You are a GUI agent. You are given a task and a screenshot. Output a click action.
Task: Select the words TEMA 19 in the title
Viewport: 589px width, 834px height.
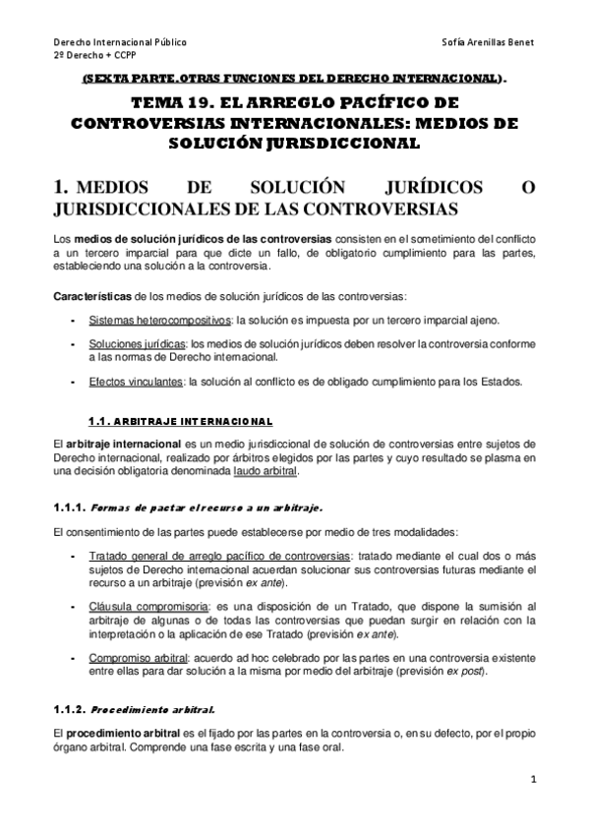[172, 102]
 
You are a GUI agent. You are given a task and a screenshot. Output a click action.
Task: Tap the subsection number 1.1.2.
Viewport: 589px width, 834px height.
[70, 707]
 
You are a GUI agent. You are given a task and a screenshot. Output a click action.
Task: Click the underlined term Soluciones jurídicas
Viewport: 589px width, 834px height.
[123, 344]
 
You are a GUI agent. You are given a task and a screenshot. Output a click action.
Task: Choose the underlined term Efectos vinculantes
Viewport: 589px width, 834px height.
[121, 381]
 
